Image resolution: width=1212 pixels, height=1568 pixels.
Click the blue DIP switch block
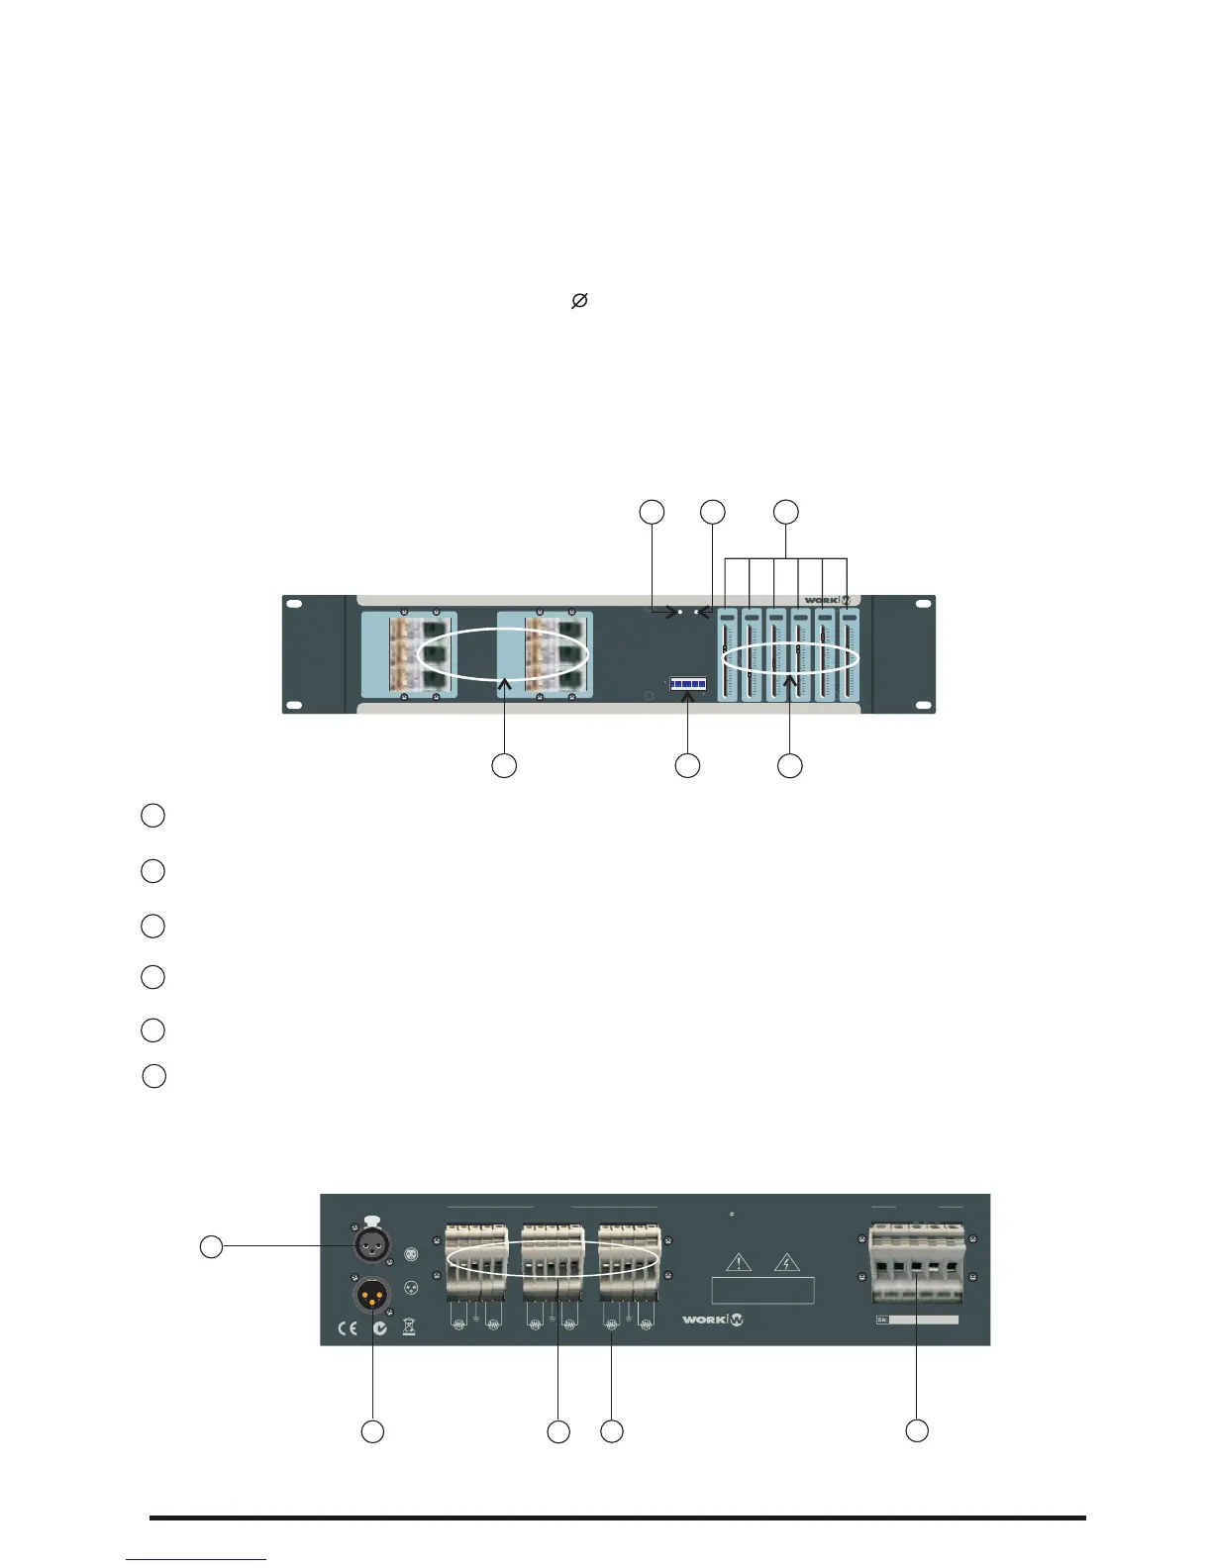pos(687,684)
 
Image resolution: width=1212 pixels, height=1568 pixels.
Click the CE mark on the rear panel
pos(347,1328)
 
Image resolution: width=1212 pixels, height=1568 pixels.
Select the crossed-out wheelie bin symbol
pos(409,1327)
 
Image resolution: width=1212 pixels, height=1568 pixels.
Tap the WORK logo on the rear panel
pos(712,1319)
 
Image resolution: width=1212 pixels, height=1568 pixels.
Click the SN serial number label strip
pos(917,1320)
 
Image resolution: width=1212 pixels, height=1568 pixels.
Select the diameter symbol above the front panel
pos(580,300)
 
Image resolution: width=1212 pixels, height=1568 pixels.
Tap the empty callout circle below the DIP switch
pos(687,765)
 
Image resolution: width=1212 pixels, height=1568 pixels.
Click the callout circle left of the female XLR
pos(211,1247)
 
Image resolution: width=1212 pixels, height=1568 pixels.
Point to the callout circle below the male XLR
pos(372,1431)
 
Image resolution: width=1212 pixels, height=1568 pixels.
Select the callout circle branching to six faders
pos(786,512)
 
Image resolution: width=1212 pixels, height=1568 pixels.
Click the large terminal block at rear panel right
pos(916,1267)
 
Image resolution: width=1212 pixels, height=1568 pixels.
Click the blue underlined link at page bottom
pos(196,1560)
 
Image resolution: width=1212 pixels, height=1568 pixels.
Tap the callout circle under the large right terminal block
pos(918,1430)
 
